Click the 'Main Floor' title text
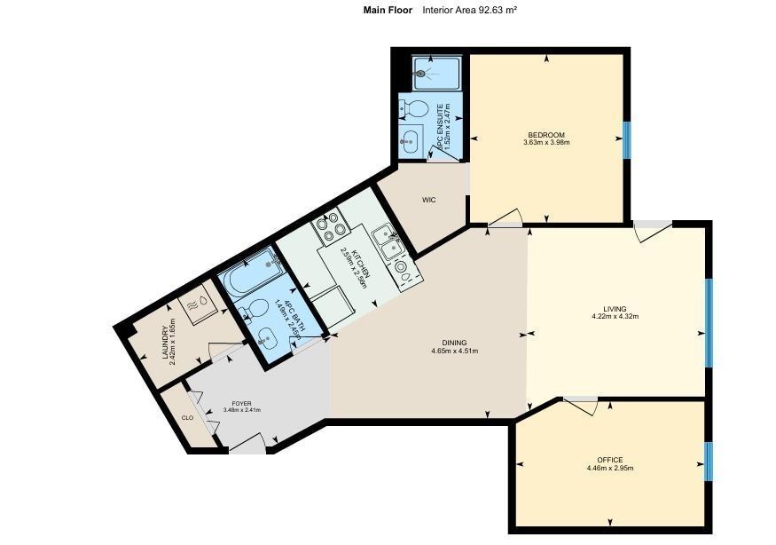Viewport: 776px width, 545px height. [x=388, y=11]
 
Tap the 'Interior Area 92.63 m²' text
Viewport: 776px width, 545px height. [x=470, y=11]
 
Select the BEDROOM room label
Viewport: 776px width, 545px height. [x=545, y=135]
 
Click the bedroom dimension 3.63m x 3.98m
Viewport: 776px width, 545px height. [x=545, y=143]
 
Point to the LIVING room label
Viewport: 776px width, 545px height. [x=615, y=309]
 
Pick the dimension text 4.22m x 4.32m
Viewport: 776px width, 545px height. [x=615, y=317]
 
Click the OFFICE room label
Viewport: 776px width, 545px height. [x=609, y=460]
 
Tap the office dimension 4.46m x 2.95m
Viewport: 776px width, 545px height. [x=609, y=468]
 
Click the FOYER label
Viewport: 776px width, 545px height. [x=230, y=403]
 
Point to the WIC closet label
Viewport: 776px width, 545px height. [x=428, y=200]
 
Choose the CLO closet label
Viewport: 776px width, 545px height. [x=187, y=417]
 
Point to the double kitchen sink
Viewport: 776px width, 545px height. [x=388, y=238]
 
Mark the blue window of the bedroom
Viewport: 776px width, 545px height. [x=626, y=139]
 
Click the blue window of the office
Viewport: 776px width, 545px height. [x=708, y=462]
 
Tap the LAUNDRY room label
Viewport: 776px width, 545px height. [x=166, y=344]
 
